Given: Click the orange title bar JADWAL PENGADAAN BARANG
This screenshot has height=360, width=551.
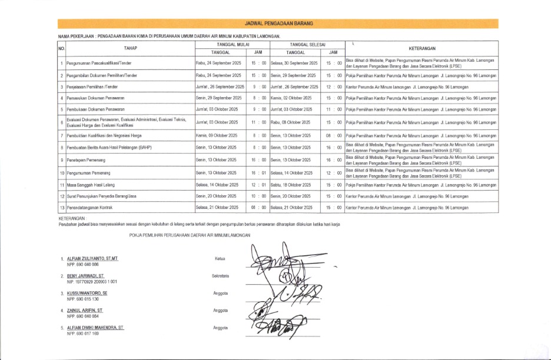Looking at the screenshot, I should tap(278, 24).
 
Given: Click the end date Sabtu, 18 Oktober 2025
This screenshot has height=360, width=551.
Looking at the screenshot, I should tap(293, 185).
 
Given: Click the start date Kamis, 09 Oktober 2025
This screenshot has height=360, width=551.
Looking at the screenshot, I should tap(217, 136).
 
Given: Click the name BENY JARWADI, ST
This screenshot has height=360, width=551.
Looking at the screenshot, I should tap(85, 275).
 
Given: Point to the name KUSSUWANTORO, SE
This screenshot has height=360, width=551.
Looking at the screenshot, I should tap(87, 292).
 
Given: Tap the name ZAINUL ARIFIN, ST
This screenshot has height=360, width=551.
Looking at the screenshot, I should tap(85, 309).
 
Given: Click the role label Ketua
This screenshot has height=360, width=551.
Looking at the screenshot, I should tap(220, 259).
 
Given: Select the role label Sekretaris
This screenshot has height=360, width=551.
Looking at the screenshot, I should tap(220, 275).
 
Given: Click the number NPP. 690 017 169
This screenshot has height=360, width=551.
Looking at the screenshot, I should tap(83, 334).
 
